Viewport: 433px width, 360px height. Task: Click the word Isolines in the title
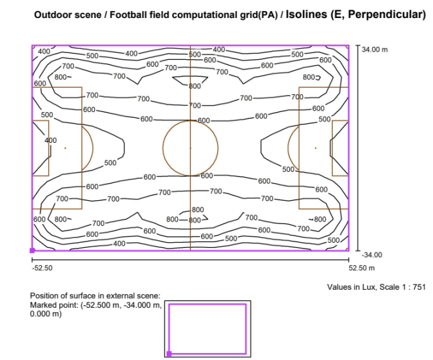point(306,14)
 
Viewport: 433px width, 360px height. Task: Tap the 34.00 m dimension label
point(375,50)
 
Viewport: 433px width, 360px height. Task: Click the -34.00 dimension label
point(372,255)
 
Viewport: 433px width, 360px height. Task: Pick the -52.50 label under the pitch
point(43,268)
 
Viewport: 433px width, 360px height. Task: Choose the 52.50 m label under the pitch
point(361,268)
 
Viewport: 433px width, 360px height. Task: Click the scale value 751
point(419,287)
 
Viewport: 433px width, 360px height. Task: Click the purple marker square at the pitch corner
point(32,251)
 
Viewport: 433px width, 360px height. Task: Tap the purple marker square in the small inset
point(169,354)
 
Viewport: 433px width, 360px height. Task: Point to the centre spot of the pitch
point(190,148)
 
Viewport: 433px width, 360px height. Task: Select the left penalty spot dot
point(65,148)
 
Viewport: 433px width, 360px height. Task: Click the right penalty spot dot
point(316,148)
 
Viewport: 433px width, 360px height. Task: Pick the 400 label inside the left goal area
point(51,140)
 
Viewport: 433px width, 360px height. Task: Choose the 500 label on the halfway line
point(195,54)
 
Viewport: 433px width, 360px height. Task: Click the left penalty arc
point(93,148)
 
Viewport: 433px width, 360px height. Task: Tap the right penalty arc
point(288,148)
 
